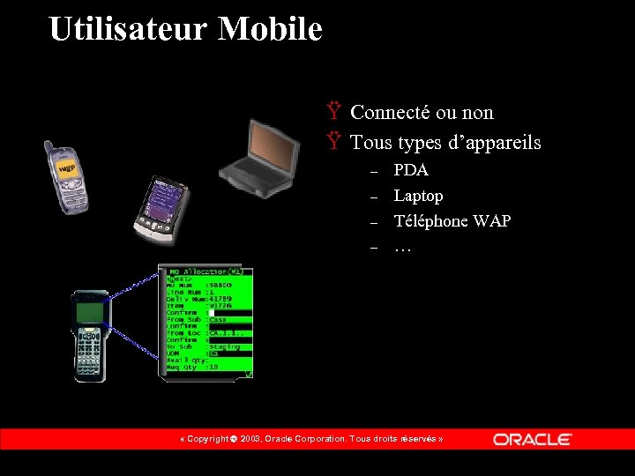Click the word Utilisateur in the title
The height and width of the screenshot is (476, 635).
pos(129,29)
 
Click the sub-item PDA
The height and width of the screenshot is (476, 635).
pos(411,170)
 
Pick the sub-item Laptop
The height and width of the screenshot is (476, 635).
pos(418,196)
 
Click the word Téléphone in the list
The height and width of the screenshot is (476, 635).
pos(431,221)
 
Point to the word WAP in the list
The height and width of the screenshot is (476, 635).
pos(492,221)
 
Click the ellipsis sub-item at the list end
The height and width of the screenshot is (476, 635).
pos(402,247)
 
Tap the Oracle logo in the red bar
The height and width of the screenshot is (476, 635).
pos(532,439)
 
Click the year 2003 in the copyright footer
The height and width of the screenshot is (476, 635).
pos(250,439)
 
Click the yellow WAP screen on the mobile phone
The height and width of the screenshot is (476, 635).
pos(66,167)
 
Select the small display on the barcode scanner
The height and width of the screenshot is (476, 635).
pos(89,311)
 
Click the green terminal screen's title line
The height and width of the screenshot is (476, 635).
pos(205,271)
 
